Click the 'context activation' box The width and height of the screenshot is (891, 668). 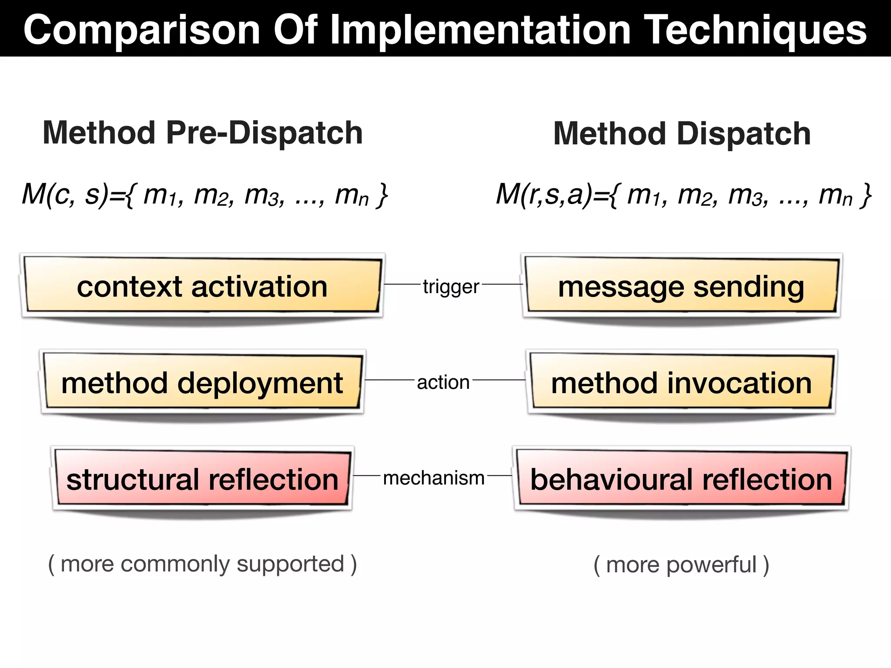coord(202,286)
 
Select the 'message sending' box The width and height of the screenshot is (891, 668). coord(681,286)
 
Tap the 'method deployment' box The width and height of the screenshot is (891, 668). coord(202,383)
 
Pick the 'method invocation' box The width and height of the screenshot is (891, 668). coord(681,383)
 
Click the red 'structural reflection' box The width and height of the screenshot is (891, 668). coord(202,479)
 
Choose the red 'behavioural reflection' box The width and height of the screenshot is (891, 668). coord(681,479)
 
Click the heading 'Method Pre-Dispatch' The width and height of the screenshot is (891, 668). coord(202,133)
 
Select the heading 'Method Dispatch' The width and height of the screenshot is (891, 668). coord(682,134)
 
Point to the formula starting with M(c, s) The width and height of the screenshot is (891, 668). coord(204,195)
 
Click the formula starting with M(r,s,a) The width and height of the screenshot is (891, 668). coord(683,195)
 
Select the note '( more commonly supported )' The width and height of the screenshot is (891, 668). coord(202,564)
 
